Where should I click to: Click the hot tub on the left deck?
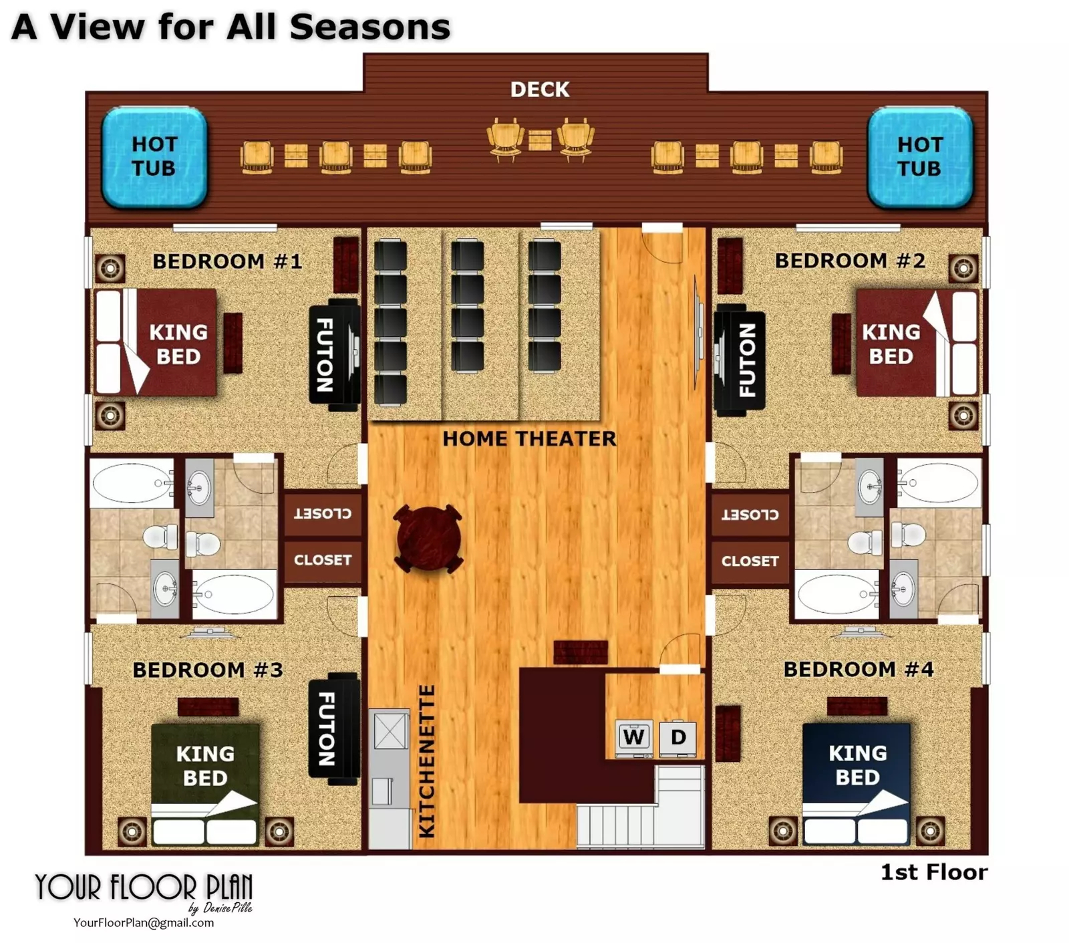click(154, 156)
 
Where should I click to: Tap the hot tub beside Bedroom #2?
click(919, 156)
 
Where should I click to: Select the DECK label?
click(540, 90)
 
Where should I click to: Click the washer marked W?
click(633, 738)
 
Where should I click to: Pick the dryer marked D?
click(677, 738)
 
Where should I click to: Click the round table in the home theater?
click(428, 539)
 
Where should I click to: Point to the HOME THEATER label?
click(529, 439)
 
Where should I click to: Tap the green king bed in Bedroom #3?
click(205, 784)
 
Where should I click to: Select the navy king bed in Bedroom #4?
click(857, 784)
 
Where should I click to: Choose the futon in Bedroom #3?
click(334, 728)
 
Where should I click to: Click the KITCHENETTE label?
click(426, 761)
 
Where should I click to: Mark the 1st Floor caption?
click(933, 872)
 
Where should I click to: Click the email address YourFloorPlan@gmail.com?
click(144, 923)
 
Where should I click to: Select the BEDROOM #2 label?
click(850, 261)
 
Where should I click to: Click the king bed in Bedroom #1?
click(156, 342)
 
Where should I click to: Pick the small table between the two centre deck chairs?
click(540, 141)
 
